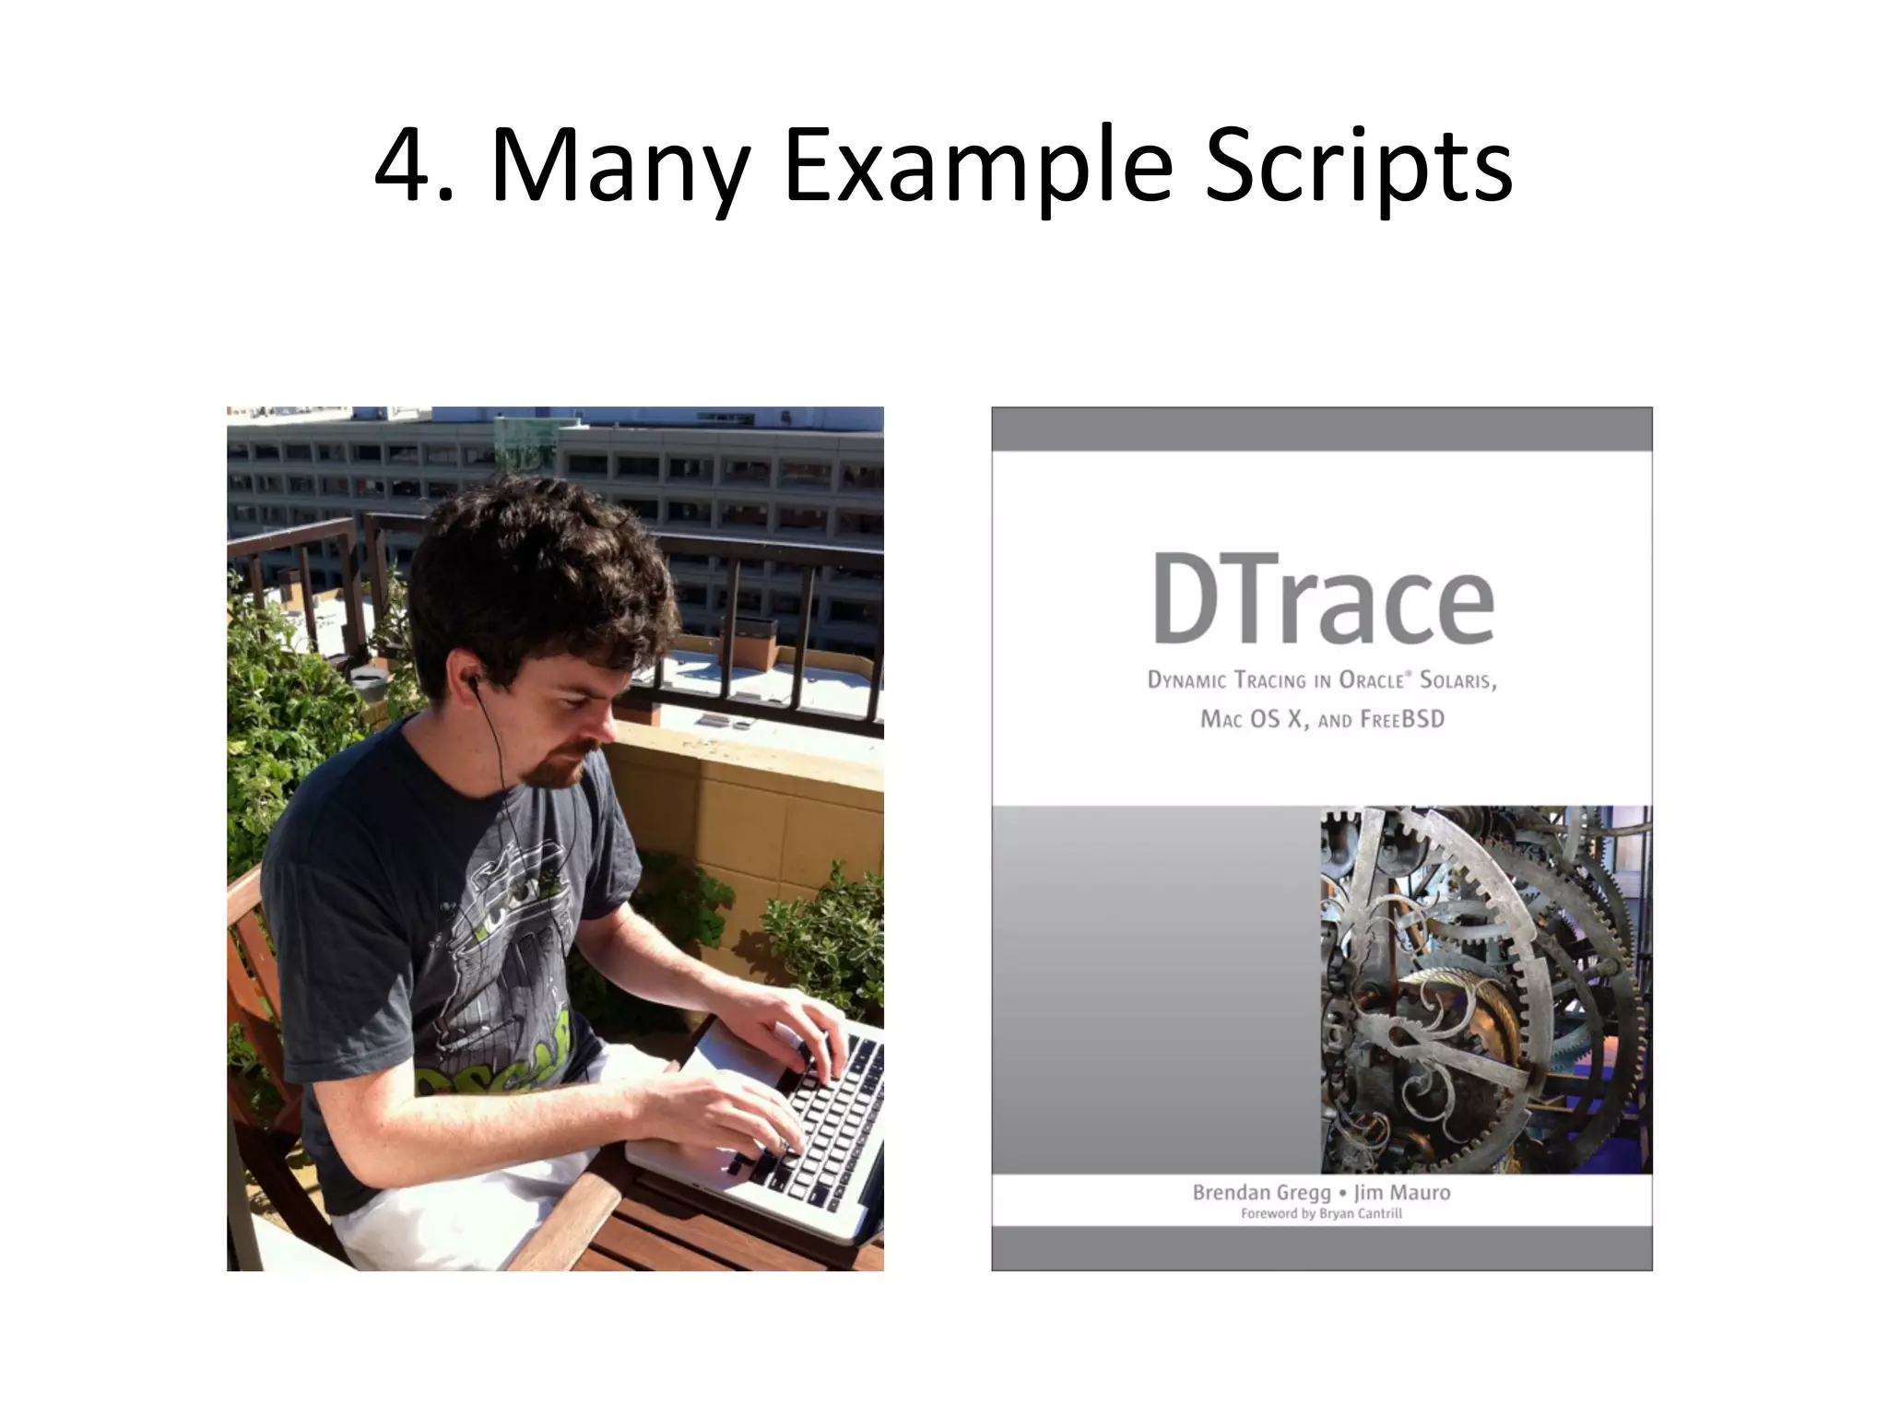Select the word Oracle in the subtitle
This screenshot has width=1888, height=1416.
point(1374,680)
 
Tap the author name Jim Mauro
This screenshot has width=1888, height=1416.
point(1401,1192)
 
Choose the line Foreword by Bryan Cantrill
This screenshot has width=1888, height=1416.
point(1321,1213)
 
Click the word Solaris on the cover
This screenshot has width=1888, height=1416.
point(1457,680)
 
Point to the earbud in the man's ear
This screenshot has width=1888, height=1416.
point(474,684)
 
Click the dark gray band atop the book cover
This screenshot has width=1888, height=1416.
point(1321,429)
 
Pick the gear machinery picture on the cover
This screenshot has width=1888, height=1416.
point(1485,989)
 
